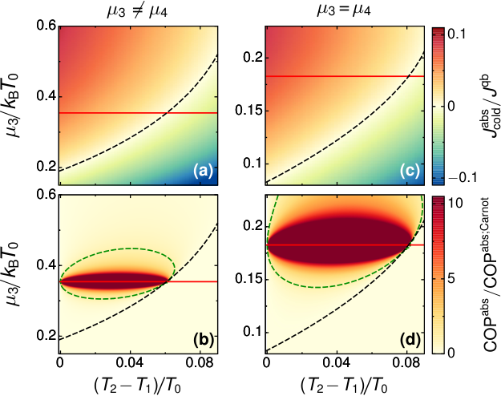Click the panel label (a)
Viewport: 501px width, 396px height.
(203, 172)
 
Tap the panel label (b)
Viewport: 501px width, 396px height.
(204, 341)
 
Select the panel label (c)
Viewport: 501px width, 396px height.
(410, 172)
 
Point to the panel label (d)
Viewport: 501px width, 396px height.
(410, 341)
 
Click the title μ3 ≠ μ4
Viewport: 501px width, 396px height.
(137, 12)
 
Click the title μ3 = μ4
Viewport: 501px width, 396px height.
(343, 10)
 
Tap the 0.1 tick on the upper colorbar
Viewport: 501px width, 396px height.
(456, 34)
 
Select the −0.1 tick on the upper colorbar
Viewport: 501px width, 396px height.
(463, 177)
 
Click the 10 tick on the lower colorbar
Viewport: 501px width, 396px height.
(455, 203)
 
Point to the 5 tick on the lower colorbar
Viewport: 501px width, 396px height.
(451, 279)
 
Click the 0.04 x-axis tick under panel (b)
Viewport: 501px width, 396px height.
(130, 364)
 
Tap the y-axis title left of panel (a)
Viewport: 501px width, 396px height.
(14, 105)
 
